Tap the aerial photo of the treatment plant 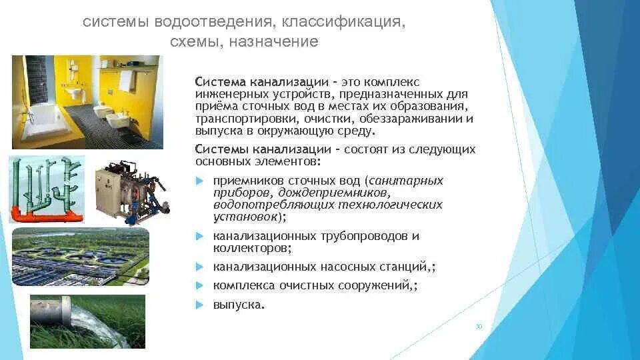81,257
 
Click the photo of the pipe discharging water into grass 87,321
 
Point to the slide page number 479,327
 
